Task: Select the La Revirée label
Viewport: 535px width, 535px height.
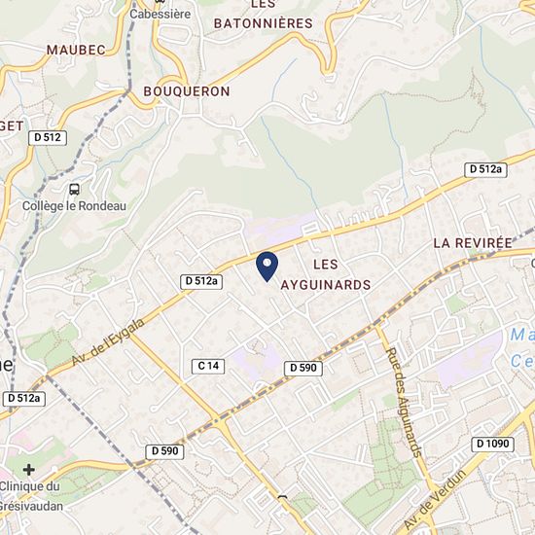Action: coord(472,242)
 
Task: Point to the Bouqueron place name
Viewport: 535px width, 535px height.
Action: coord(186,91)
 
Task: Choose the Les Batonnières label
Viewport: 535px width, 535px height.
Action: coord(263,16)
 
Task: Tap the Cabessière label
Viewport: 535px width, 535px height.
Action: coord(160,15)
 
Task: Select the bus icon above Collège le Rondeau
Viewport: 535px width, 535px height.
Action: coord(75,189)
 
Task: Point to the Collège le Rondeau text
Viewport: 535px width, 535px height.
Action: coord(75,206)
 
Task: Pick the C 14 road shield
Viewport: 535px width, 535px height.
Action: coord(209,366)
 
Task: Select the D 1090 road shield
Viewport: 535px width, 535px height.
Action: coord(492,444)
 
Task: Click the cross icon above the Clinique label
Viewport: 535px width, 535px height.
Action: coord(29,469)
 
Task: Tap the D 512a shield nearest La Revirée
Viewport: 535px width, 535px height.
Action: coord(485,169)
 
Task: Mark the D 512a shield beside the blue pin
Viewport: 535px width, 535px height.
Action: coord(202,281)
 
